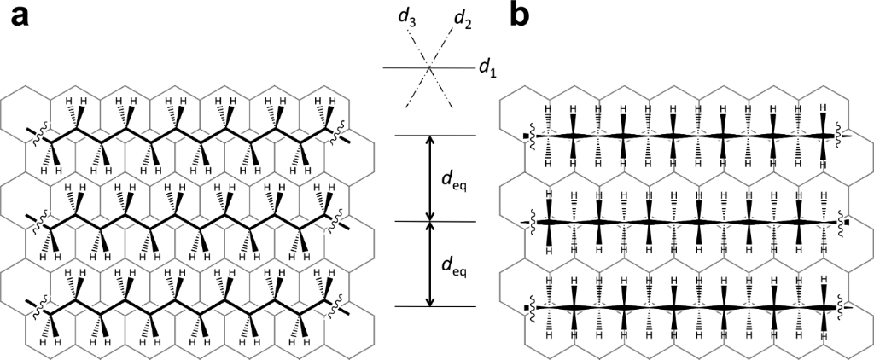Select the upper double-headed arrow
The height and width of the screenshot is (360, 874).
click(x=429, y=178)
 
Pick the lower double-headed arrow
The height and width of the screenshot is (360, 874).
click(x=429, y=264)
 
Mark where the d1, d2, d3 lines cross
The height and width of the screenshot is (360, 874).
click(x=429, y=67)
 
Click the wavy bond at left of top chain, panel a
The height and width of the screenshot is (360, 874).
click(x=38, y=136)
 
